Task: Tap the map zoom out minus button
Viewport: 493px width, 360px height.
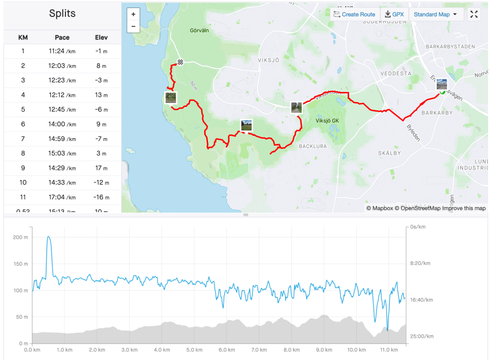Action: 133,26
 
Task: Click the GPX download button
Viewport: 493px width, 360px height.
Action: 394,14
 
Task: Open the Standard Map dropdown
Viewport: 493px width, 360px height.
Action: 435,14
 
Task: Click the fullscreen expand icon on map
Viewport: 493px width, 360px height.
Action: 474,14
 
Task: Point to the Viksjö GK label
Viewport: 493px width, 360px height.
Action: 327,120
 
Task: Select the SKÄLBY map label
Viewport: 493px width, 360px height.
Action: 389,153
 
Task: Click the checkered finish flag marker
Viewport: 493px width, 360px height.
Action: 180,62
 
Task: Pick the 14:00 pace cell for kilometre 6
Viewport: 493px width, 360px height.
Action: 62,124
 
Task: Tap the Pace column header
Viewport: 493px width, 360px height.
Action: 62,37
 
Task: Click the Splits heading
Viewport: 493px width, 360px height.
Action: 62,13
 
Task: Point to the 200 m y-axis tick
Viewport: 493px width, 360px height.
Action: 20,237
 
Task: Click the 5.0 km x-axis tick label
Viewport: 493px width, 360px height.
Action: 195,350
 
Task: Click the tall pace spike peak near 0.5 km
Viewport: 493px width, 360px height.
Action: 49,237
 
